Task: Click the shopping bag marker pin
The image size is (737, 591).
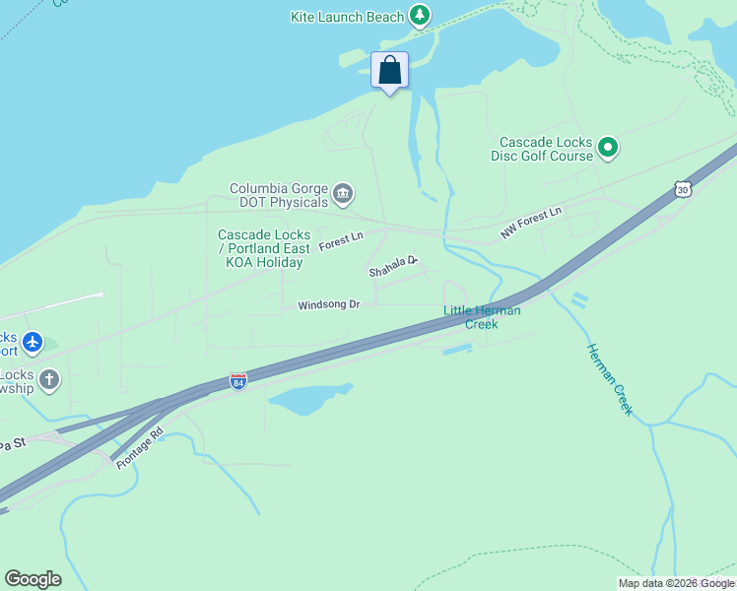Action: point(390,71)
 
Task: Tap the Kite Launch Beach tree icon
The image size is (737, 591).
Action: point(421,16)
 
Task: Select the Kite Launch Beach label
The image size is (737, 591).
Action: point(348,17)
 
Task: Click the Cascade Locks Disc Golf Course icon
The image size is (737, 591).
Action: point(608,149)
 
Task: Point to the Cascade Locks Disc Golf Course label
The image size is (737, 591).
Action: point(545,149)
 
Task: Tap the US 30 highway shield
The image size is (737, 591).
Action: point(682,188)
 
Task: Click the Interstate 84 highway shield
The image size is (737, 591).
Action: point(237,380)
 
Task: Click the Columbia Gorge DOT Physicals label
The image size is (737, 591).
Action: point(279,195)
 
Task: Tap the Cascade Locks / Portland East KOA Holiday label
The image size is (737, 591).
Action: point(264,248)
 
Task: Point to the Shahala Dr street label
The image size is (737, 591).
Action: point(393,267)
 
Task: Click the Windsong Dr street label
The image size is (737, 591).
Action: point(329,305)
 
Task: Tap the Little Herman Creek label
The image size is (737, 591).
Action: point(482,317)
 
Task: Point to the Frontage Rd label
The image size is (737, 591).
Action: point(138,448)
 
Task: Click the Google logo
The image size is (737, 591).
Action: point(33,579)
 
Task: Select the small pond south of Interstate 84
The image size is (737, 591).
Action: point(307,399)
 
